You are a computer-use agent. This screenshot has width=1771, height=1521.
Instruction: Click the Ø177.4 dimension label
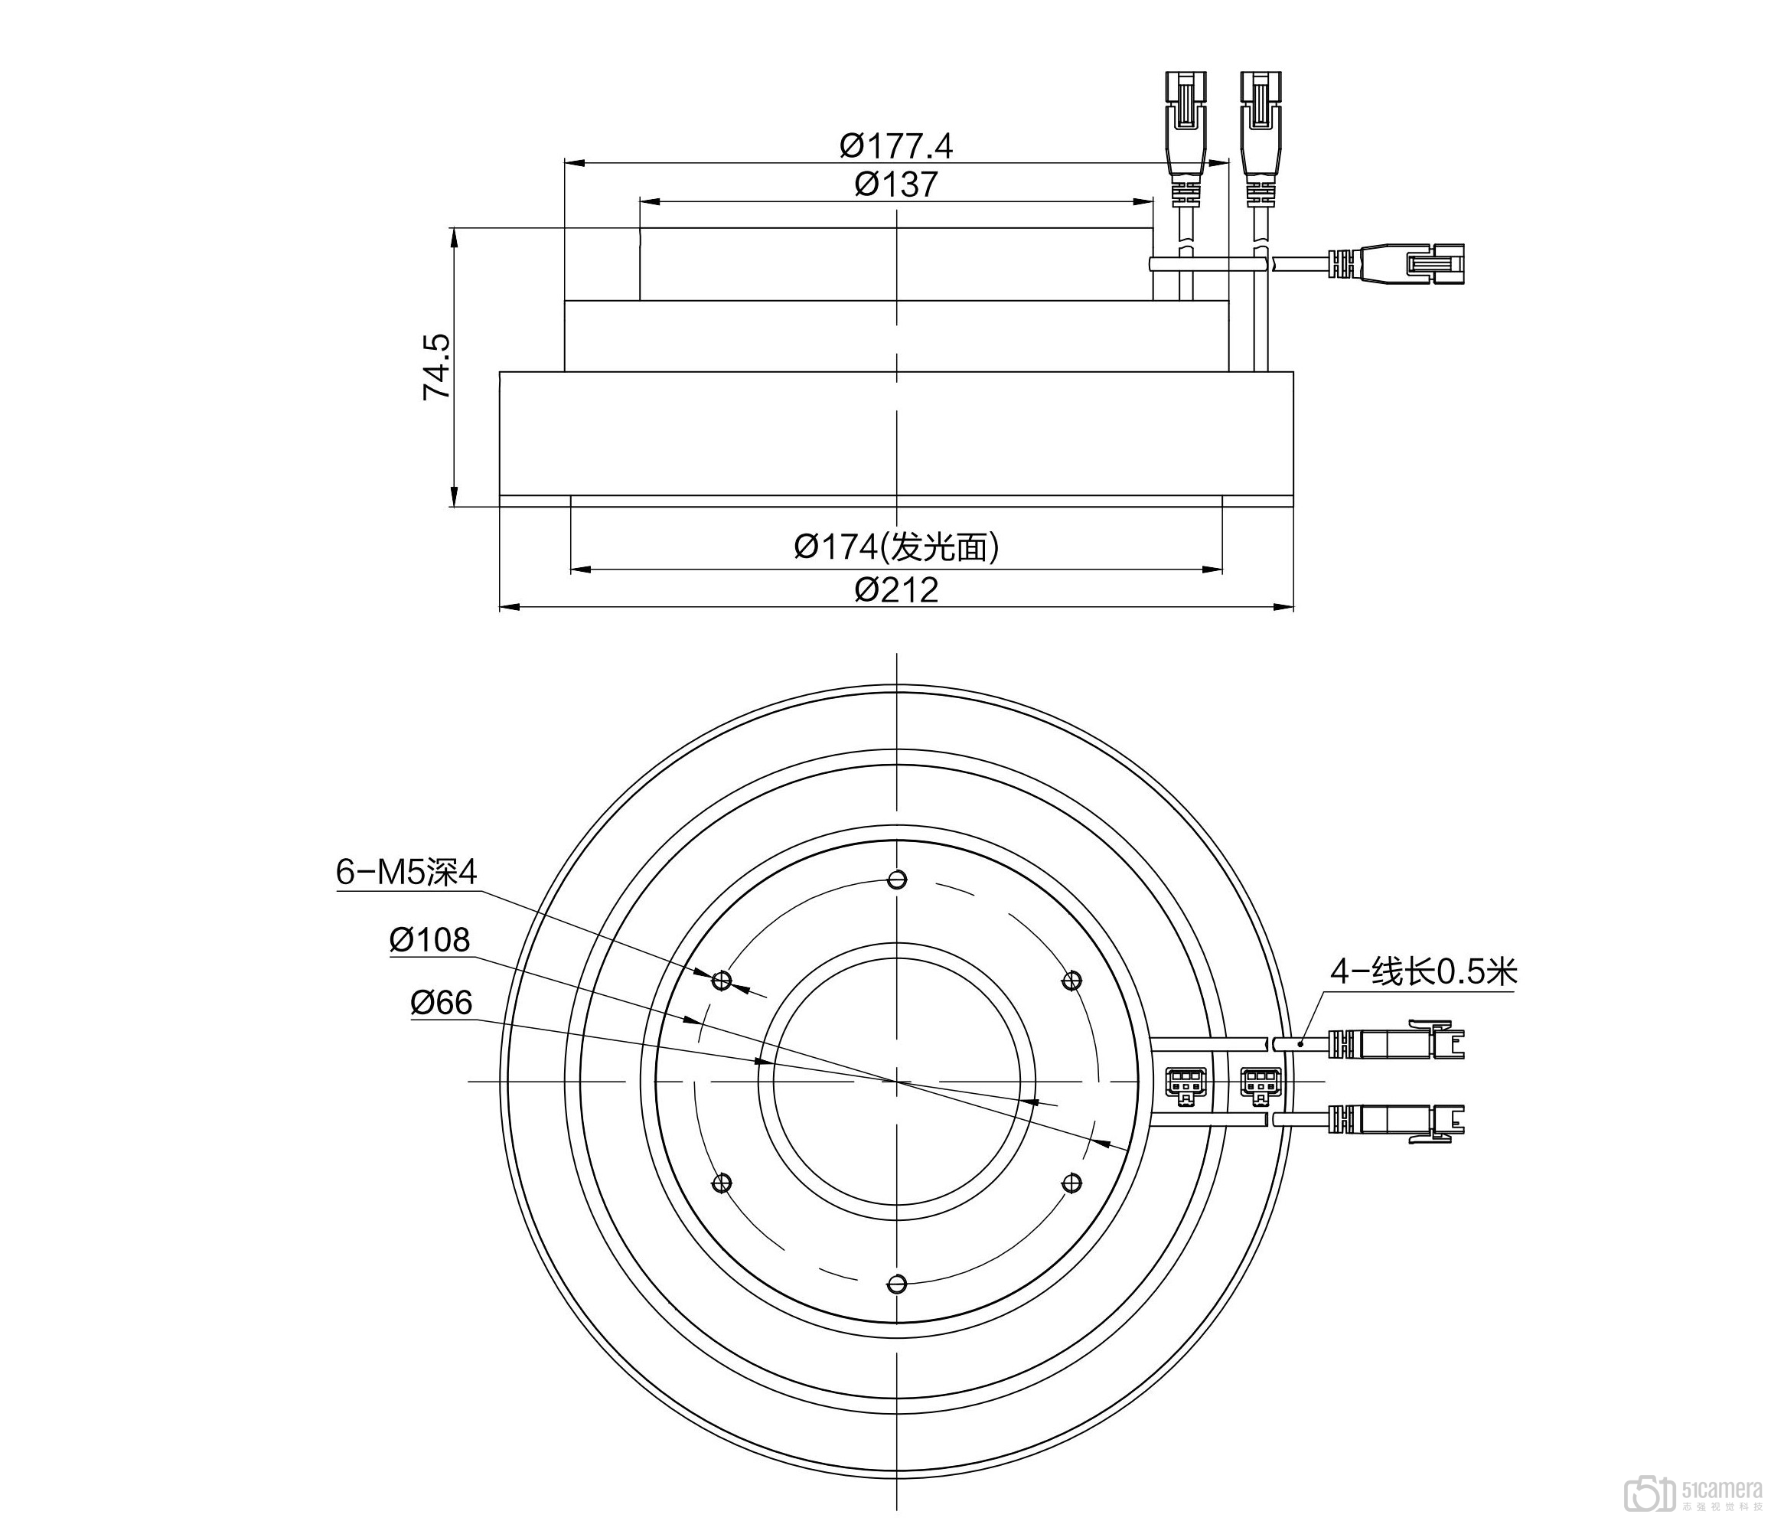click(x=895, y=146)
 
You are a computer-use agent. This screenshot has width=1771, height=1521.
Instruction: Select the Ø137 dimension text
click(x=895, y=184)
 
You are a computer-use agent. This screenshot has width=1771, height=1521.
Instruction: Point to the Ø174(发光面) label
click(x=895, y=547)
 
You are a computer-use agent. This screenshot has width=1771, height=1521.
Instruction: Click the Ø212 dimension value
click(x=895, y=590)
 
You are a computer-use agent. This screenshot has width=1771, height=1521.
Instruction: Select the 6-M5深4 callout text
click(x=406, y=872)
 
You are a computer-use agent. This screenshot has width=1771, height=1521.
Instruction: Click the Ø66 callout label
click(x=441, y=1002)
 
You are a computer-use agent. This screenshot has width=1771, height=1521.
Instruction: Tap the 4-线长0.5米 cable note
click(x=1423, y=972)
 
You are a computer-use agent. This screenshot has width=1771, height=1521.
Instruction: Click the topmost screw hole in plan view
click(x=895, y=880)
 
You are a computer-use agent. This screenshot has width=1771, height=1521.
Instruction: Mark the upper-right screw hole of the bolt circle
click(x=1070, y=980)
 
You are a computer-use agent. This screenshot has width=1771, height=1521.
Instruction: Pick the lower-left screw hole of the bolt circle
click(x=722, y=1183)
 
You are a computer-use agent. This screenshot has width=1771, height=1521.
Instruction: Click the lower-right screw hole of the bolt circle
click(x=1070, y=1183)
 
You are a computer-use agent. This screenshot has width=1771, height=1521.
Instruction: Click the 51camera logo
click(x=1693, y=1492)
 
